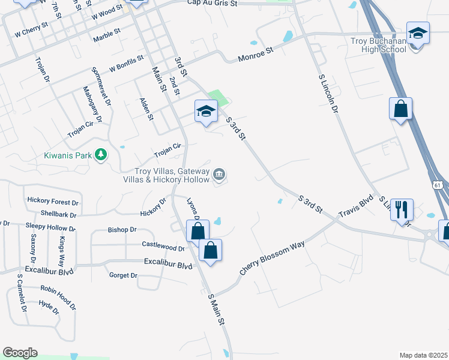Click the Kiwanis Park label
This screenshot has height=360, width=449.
(68, 155)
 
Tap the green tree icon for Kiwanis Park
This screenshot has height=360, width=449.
(101, 155)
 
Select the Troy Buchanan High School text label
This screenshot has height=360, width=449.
(379, 45)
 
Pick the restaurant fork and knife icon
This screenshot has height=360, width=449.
(401, 210)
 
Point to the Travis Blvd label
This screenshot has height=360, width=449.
(355, 205)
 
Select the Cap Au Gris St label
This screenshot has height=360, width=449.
(212, 3)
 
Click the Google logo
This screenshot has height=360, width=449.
(20, 352)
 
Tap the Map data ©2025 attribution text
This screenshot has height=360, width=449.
(424, 355)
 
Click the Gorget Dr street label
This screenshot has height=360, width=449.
(124, 275)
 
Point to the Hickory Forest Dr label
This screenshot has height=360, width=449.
(53, 202)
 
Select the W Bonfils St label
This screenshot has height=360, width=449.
(127, 64)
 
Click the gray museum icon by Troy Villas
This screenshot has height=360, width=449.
(220, 175)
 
